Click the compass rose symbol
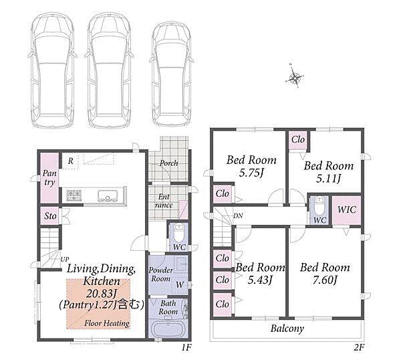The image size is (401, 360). click(295, 77)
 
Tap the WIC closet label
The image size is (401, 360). click(347, 209)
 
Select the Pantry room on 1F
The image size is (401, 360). click(49, 178)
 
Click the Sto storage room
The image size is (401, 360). click(50, 216)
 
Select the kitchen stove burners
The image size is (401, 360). click(74, 195)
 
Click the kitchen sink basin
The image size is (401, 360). click(108, 195)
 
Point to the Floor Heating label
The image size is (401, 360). click(107, 323)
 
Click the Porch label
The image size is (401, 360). click(169, 163)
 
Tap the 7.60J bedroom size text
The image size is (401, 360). click(325, 280)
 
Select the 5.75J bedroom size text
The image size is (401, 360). click(251, 173)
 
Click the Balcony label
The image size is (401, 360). click(287, 329)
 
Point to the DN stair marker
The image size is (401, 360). click(238, 216)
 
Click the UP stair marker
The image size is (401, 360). click(64, 259)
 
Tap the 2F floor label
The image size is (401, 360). click(358, 347)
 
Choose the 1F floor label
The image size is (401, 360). click(186, 347)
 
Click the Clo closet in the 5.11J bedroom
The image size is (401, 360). click(298, 140)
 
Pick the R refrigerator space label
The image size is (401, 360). click(71, 161)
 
